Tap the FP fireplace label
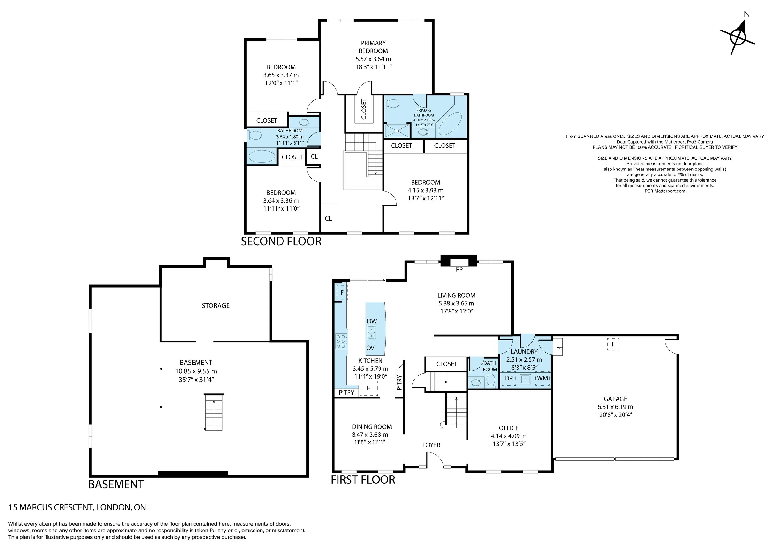click(459, 269)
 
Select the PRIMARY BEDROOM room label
click(373, 47)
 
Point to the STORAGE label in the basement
click(216, 306)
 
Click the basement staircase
click(214, 413)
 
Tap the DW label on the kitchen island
click(372, 321)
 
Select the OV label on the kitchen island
click(370, 348)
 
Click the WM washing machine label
click(542, 378)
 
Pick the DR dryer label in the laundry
click(509, 378)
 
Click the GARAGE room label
click(615, 399)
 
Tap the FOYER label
click(431, 445)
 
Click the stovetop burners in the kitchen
click(341, 340)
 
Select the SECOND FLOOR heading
click(281, 241)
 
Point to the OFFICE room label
click(508, 428)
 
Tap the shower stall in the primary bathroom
click(397, 130)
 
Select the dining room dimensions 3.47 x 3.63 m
click(370, 435)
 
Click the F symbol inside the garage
click(613, 344)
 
